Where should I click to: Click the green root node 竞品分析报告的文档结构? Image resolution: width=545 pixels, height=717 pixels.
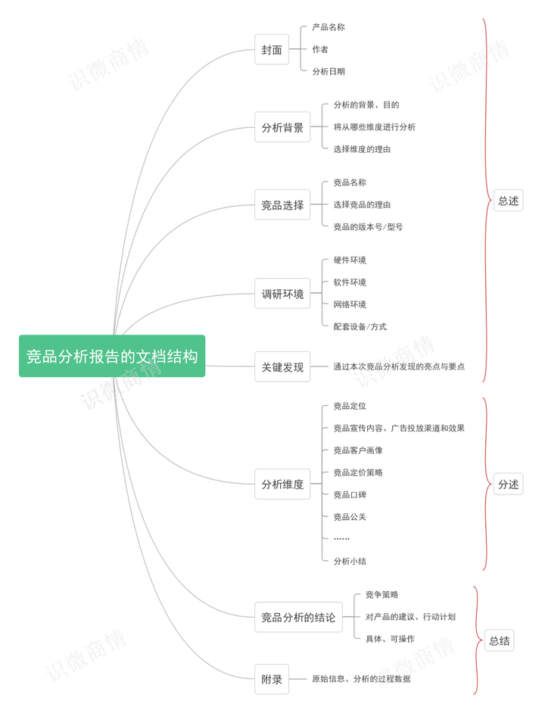[112, 356]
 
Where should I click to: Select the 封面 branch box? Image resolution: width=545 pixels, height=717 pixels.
[272, 50]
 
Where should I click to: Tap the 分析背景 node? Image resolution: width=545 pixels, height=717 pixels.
[282, 127]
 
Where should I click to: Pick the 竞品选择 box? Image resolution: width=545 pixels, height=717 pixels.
[282, 204]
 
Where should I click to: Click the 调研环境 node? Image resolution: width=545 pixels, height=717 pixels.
[282, 293]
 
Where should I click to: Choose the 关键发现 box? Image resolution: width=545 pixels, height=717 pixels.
[282, 366]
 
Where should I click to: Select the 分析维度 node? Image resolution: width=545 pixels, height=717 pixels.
[282, 484]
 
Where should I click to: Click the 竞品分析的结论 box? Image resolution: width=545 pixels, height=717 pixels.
[298, 617]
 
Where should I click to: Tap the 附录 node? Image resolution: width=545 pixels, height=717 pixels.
[272, 679]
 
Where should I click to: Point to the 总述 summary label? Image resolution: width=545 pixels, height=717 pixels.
[508, 201]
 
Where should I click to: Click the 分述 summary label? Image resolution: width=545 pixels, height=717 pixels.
[508, 485]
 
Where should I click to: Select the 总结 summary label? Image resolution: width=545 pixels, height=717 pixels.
[499, 641]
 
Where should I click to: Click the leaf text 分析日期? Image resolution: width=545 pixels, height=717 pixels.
[329, 71]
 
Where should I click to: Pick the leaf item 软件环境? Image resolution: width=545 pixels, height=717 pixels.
[350, 282]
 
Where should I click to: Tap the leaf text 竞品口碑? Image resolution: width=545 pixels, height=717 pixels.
[350, 494]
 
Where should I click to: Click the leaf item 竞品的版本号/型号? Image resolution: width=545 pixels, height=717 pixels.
[368, 226]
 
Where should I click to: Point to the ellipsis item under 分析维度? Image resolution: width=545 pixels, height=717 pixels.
[341, 538]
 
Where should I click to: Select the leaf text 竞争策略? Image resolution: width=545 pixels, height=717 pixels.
[381, 594]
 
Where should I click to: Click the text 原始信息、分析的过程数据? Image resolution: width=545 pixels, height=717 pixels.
[361, 679]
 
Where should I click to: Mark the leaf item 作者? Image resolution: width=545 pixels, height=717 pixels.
[320, 49]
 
